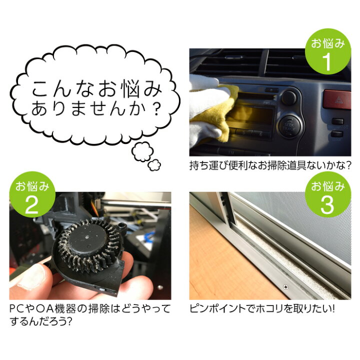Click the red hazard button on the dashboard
(x=335, y=99)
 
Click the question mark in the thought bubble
(x=157, y=108)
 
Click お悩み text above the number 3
(x=328, y=186)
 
